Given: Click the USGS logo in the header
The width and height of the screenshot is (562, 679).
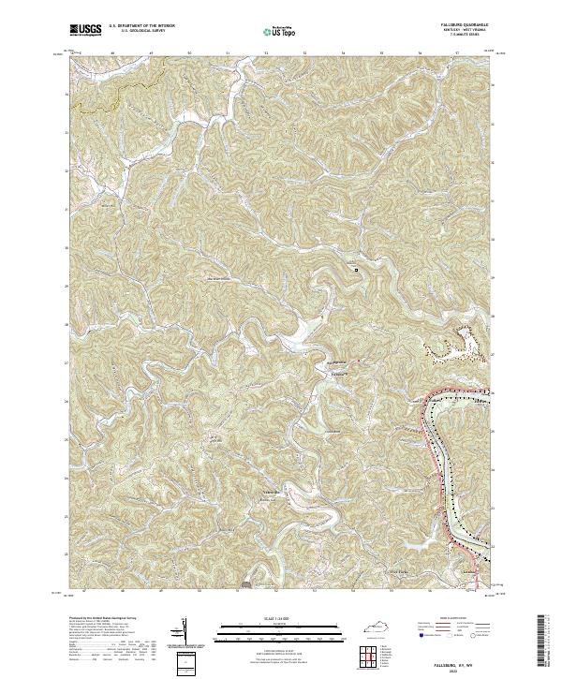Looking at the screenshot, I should [85, 30].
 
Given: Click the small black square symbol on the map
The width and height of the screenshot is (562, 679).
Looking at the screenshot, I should [356, 270].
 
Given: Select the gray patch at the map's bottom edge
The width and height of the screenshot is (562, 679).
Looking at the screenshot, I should [245, 584].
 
